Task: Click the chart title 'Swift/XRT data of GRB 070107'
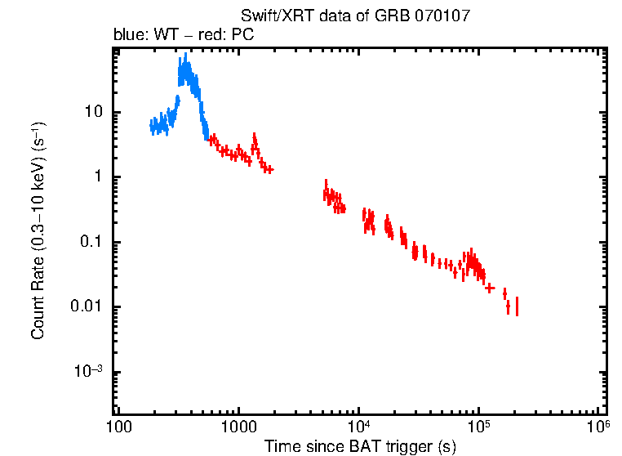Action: click(355, 16)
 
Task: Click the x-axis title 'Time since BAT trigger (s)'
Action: click(359, 446)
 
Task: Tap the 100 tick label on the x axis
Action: click(118, 427)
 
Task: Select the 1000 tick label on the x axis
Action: click(238, 427)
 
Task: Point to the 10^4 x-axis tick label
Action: click(359, 426)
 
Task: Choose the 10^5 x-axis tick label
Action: click(479, 426)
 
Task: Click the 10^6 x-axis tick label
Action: click(599, 426)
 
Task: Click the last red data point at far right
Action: click(517, 306)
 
